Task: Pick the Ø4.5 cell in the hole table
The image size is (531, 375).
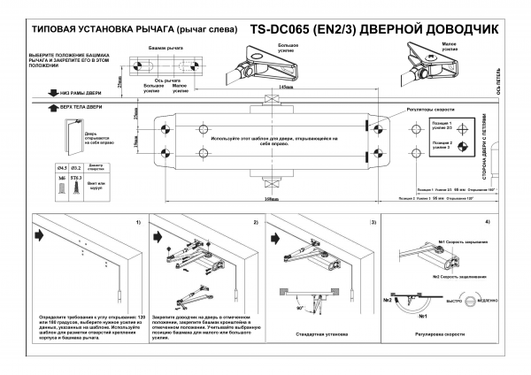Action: (x=62, y=166)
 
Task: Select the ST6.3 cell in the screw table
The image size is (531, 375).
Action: (x=77, y=178)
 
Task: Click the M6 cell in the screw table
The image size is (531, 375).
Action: (x=62, y=178)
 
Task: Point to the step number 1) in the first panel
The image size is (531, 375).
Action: (x=137, y=221)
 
